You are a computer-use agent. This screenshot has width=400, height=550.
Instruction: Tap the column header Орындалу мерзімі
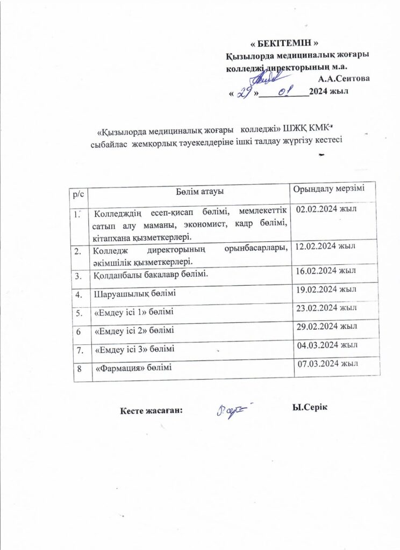pos(328,190)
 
